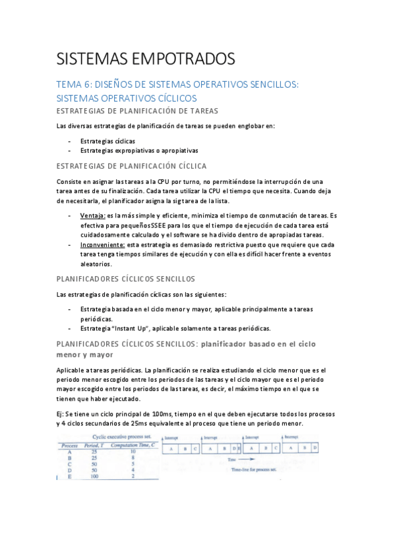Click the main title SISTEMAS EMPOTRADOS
click(146, 59)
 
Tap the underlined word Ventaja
click(92, 216)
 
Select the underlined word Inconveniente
click(102, 244)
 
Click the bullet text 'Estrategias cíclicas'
click(107, 141)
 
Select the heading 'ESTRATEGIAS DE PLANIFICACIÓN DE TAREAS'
click(138, 111)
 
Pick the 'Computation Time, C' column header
click(135, 446)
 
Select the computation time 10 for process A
click(133, 452)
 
